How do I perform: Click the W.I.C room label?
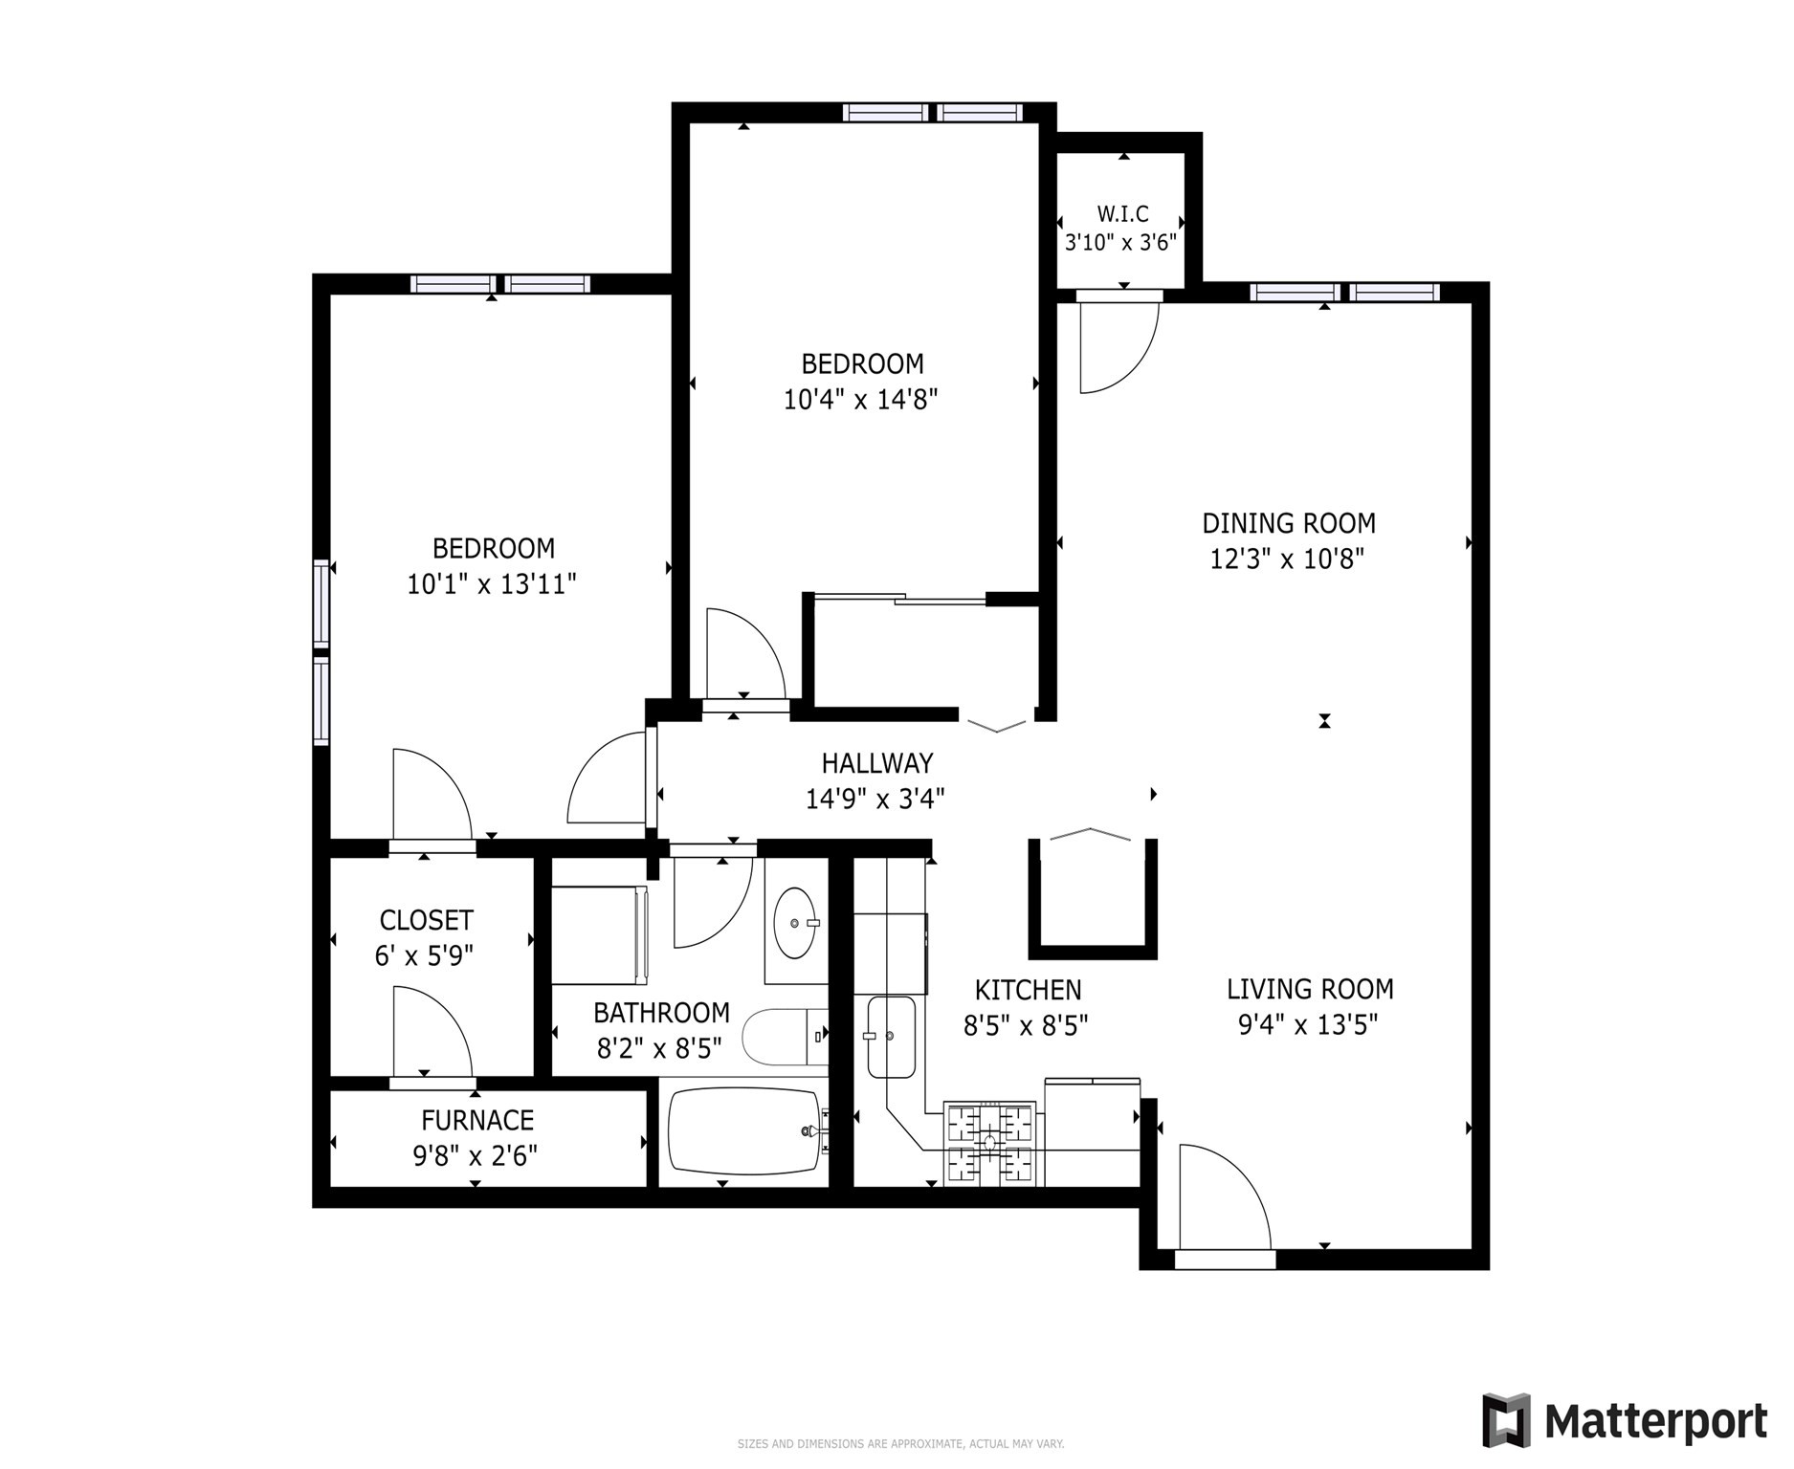tap(1122, 213)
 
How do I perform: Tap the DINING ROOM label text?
tap(1288, 523)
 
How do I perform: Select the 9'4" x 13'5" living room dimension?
tap(1307, 1025)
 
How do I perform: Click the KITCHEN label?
tap(1028, 990)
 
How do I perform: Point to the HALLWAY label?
tap(876, 763)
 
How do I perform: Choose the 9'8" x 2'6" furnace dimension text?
tap(476, 1156)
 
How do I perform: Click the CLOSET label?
tap(426, 920)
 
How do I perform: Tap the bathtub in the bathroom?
tap(744, 1130)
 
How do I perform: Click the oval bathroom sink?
tap(795, 923)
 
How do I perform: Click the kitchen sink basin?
tap(891, 1037)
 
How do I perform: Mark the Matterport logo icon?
tap(1506, 1420)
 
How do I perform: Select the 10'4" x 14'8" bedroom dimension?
tap(860, 400)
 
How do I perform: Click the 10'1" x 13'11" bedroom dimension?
tap(492, 584)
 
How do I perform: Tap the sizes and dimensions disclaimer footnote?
tap(899, 1444)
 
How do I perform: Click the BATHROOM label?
tap(661, 1013)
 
